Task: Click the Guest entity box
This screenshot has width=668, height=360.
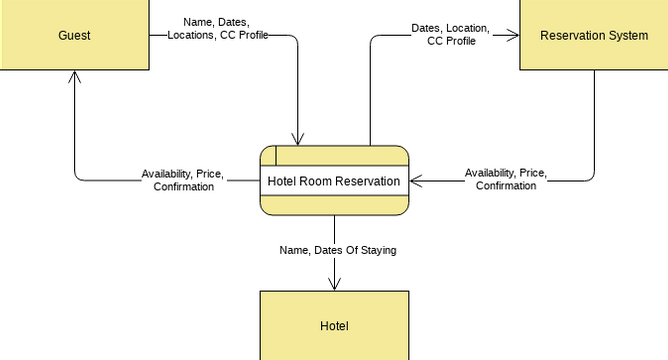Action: pyautogui.click(x=75, y=35)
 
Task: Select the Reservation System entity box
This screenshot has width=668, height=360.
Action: pyautogui.click(x=593, y=35)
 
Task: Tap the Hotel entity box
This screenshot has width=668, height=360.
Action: pyautogui.click(x=334, y=325)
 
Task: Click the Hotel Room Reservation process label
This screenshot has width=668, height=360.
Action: pyautogui.click(x=334, y=181)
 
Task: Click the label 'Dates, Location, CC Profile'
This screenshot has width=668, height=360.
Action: pyautogui.click(x=450, y=35)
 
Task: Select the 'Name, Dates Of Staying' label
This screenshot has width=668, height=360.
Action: pyautogui.click(x=337, y=250)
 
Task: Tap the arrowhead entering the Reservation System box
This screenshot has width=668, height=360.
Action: pyautogui.click(x=514, y=36)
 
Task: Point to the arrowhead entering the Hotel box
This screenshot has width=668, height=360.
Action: pyautogui.click(x=334, y=285)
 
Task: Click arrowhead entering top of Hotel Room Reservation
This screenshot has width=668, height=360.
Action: pyautogui.click(x=298, y=139)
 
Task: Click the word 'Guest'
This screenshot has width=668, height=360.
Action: pyautogui.click(x=75, y=36)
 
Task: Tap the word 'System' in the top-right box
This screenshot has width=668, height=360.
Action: pyautogui.click(x=627, y=36)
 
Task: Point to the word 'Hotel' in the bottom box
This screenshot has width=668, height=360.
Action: pyautogui.click(x=334, y=326)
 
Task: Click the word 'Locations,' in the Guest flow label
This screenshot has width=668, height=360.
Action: pyautogui.click(x=191, y=35)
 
